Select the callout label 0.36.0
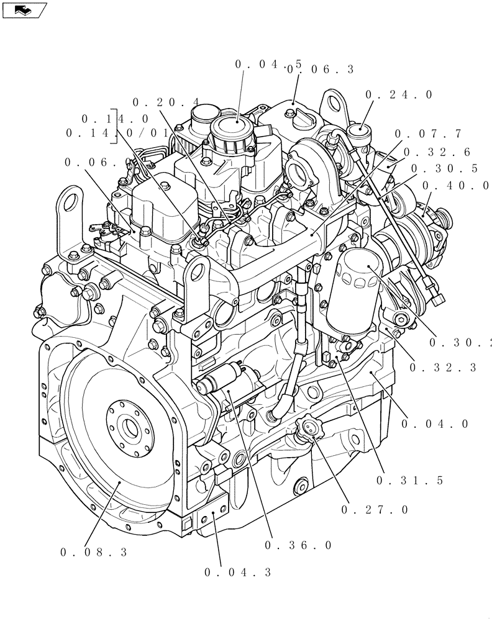coord(298,545)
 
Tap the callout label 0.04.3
coord(237,573)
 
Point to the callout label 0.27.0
coord(375,510)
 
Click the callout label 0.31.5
coord(409,480)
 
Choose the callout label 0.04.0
coord(434,424)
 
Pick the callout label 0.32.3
coord(443,368)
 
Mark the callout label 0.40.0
coord(455,185)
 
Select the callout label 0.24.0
coord(398,95)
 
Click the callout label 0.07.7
coord(428,134)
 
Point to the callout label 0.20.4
coord(165,102)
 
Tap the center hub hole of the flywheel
coord(129,427)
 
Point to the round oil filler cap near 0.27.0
coord(307,427)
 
